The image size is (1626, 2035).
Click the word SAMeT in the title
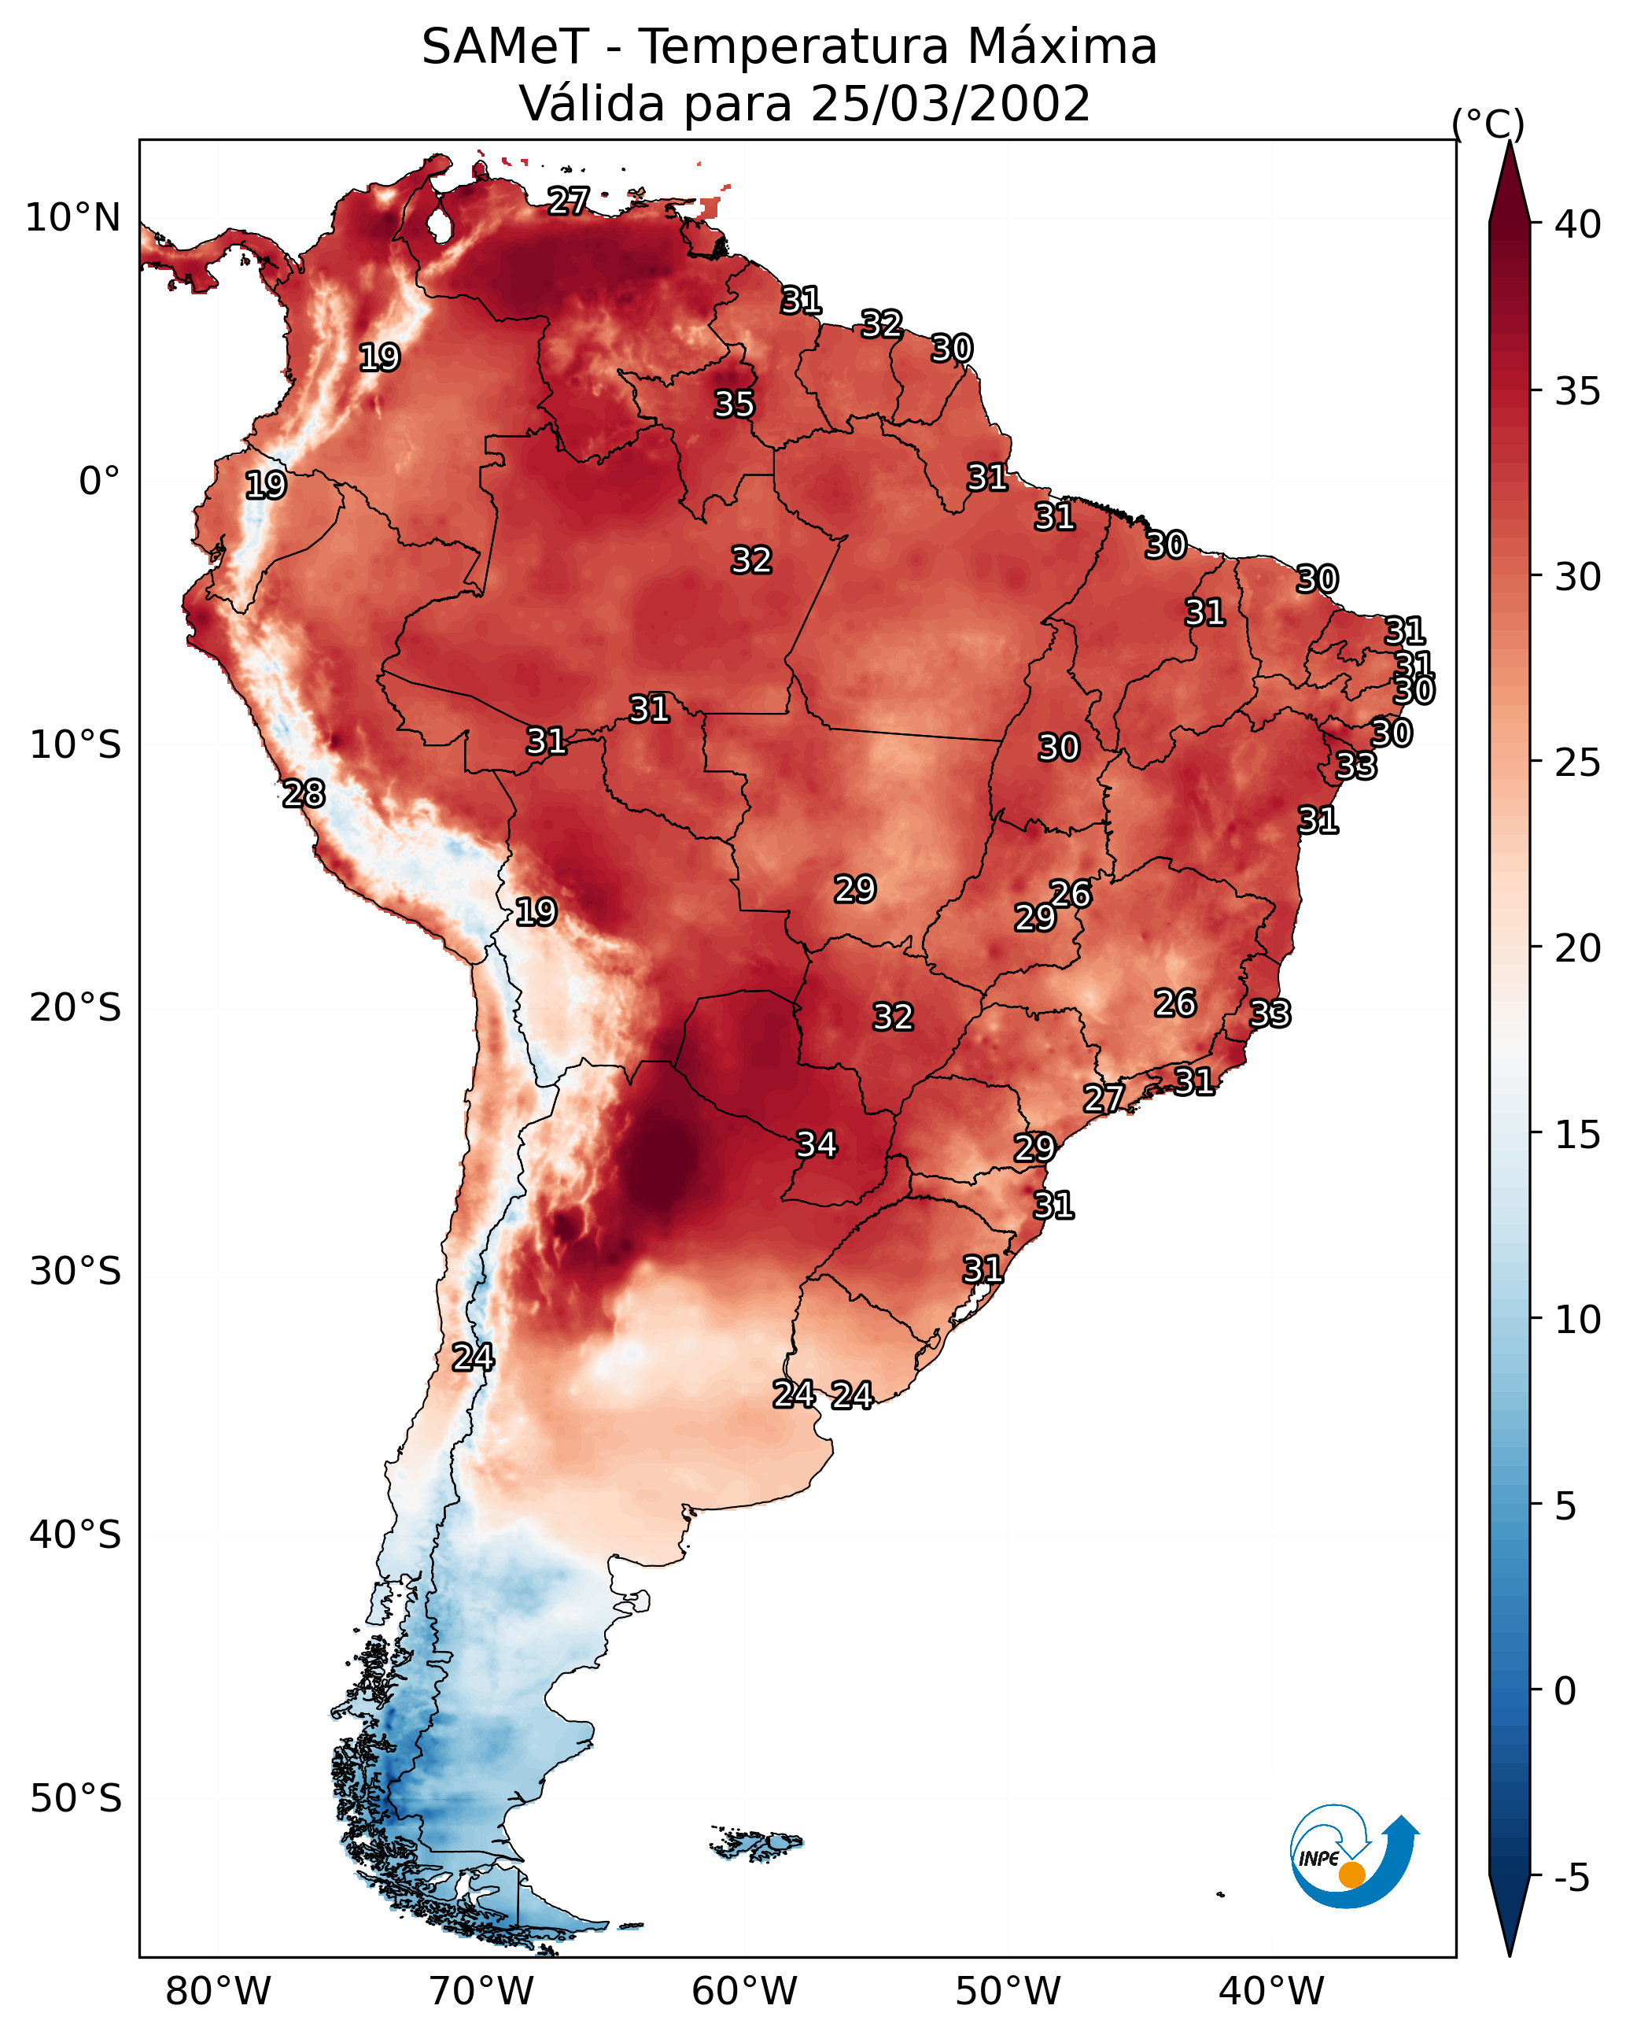pyautogui.click(x=505, y=46)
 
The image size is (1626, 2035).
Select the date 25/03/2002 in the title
pyautogui.click(x=950, y=104)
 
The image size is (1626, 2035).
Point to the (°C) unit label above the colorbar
pyautogui.click(x=1488, y=124)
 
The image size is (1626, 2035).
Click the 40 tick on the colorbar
pyautogui.click(x=1578, y=224)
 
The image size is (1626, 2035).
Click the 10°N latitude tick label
pyautogui.click(x=72, y=218)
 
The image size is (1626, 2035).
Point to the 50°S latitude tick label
pyautogui.click(x=76, y=1799)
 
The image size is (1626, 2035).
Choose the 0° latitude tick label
pyautogui.click(x=100, y=482)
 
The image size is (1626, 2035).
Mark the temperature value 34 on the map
pyautogui.click(x=817, y=1145)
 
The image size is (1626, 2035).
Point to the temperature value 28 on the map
pyautogui.click(x=304, y=794)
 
